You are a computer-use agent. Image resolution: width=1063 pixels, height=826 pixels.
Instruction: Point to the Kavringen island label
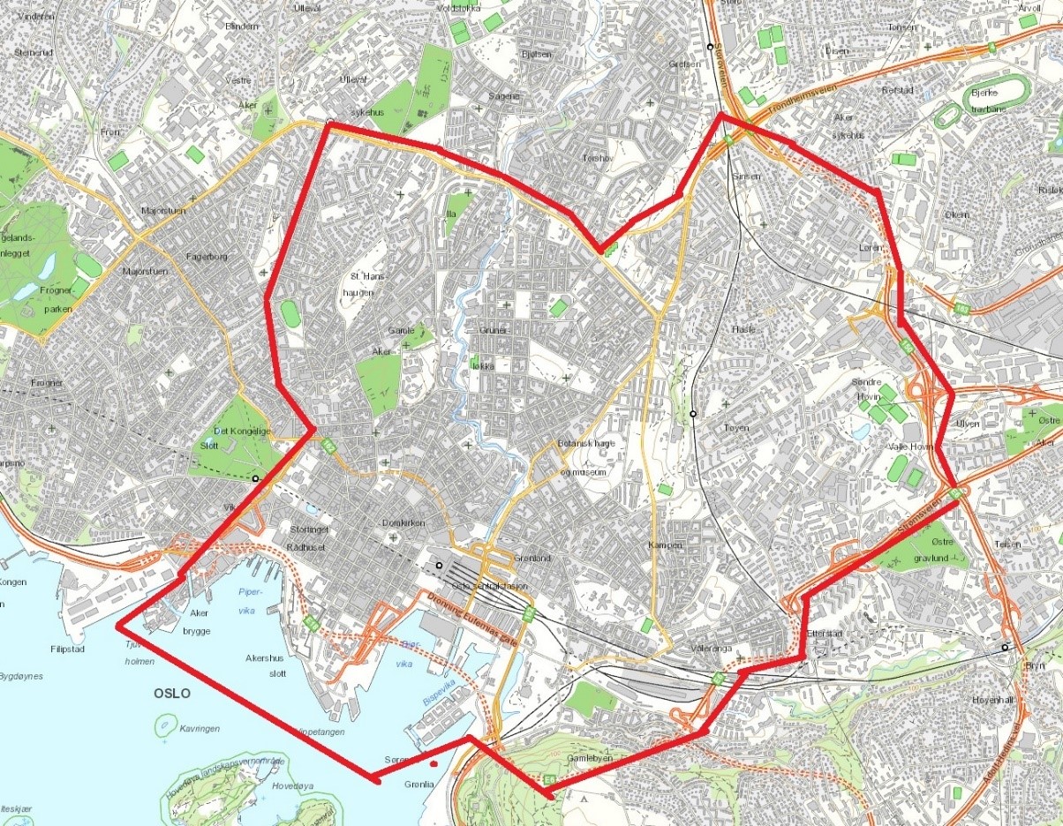click(x=200, y=729)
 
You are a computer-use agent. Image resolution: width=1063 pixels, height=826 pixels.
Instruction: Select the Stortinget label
click(x=309, y=530)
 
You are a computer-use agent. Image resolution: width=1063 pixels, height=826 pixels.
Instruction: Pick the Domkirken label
click(x=403, y=523)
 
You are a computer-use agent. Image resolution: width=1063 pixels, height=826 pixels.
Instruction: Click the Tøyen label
click(x=735, y=428)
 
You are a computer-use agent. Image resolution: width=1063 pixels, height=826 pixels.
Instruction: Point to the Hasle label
click(x=744, y=328)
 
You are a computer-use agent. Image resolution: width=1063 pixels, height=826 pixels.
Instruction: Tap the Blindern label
click(x=242, y=26)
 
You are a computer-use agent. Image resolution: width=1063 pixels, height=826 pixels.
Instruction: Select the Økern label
click(x=956, y=214)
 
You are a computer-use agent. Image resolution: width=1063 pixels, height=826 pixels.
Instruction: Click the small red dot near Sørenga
click(x=433, y=764)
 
